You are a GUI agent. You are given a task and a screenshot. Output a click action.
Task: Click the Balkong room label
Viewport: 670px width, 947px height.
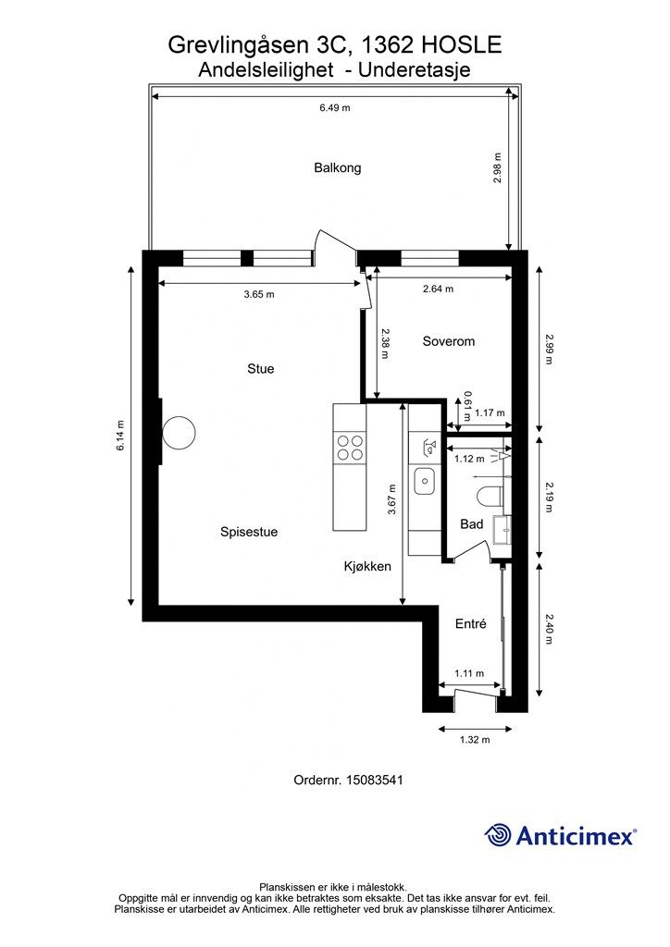pyautogui.click(x=337, y=168)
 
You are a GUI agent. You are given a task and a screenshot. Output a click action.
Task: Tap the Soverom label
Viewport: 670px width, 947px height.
pyautogui.click(x=448, y=341)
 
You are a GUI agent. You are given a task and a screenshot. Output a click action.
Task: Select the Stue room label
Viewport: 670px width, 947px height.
pyautogui.click(x=260, y=368)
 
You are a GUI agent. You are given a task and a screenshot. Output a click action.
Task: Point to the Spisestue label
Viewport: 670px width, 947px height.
pyautogui.click(x=249, y=532)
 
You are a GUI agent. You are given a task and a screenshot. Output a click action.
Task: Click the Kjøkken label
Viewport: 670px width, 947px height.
pyautogui.click(x=367, y=567)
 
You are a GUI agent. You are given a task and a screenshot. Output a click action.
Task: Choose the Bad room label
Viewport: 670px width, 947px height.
pyautogui.click(x=472, y=523)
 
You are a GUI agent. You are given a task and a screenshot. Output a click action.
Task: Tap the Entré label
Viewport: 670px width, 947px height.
pyautogui.click(x=471, y=624)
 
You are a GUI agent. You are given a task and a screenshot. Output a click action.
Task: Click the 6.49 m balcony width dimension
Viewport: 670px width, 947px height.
pyautogui.click(x=335, y=108)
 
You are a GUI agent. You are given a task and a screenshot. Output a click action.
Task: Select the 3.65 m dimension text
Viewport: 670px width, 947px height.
pyautogui.click(x=259, y=295)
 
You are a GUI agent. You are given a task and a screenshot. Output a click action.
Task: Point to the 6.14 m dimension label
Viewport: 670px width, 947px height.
pyautogui.click(x=120, y=435)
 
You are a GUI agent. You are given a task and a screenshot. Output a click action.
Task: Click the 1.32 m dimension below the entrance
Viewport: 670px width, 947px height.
pyautogui.click(x=475, y=739)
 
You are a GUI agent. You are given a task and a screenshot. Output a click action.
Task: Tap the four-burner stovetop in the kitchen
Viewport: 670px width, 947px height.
pyautogui.click(x=350, y=449)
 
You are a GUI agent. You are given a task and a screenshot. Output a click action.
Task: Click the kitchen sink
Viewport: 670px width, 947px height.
pyautogui.click(x=424, y=481)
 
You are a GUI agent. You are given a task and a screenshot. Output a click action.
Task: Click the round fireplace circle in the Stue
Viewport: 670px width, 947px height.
pyautogui.click(x=179, y=433)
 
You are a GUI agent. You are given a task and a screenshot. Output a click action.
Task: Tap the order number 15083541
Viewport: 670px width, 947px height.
pyautogui.click(x=374, y=780)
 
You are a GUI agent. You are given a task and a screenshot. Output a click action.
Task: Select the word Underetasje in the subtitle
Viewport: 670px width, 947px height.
pyautogui.click(x=415, y=70)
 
